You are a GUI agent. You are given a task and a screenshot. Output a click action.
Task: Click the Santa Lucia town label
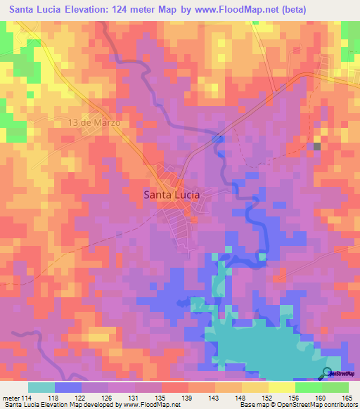[171, 195]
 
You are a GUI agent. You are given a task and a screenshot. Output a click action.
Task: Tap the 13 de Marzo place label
[94, 122]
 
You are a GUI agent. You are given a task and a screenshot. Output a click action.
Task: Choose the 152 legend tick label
[268, 398]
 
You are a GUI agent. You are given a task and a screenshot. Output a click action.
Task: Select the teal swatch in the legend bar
[41, 387]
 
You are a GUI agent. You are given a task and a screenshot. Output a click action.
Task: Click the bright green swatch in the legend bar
[309, 387]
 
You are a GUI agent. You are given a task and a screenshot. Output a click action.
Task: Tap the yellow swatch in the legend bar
[281, 387]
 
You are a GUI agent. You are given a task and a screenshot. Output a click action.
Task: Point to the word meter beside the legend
[9, 398]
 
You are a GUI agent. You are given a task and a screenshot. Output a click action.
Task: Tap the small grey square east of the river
[316, 146]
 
